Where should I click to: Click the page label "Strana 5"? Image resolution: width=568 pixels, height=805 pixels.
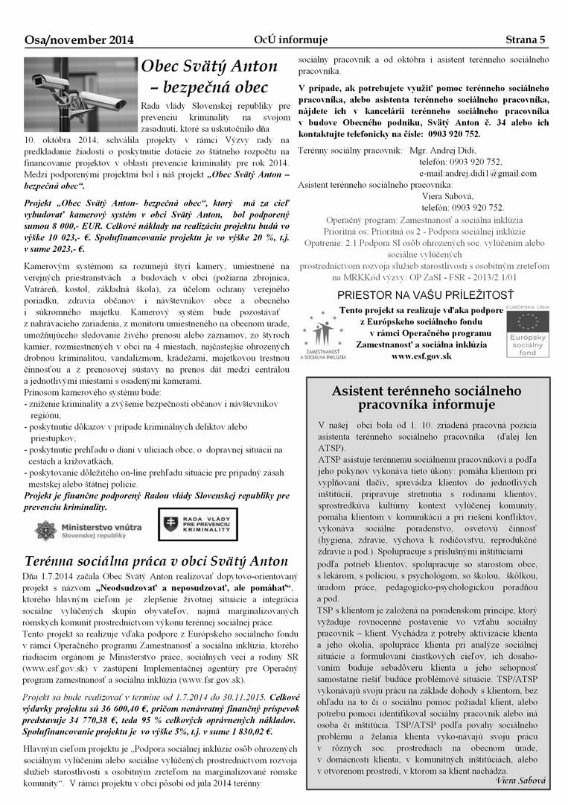tap(526, 40)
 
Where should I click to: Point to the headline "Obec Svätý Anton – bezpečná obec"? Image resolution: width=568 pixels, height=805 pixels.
tap(209, 77)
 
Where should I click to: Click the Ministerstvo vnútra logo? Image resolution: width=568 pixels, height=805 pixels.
tap(89, 531)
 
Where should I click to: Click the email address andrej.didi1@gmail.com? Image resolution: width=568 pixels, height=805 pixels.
tap(476, 173)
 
